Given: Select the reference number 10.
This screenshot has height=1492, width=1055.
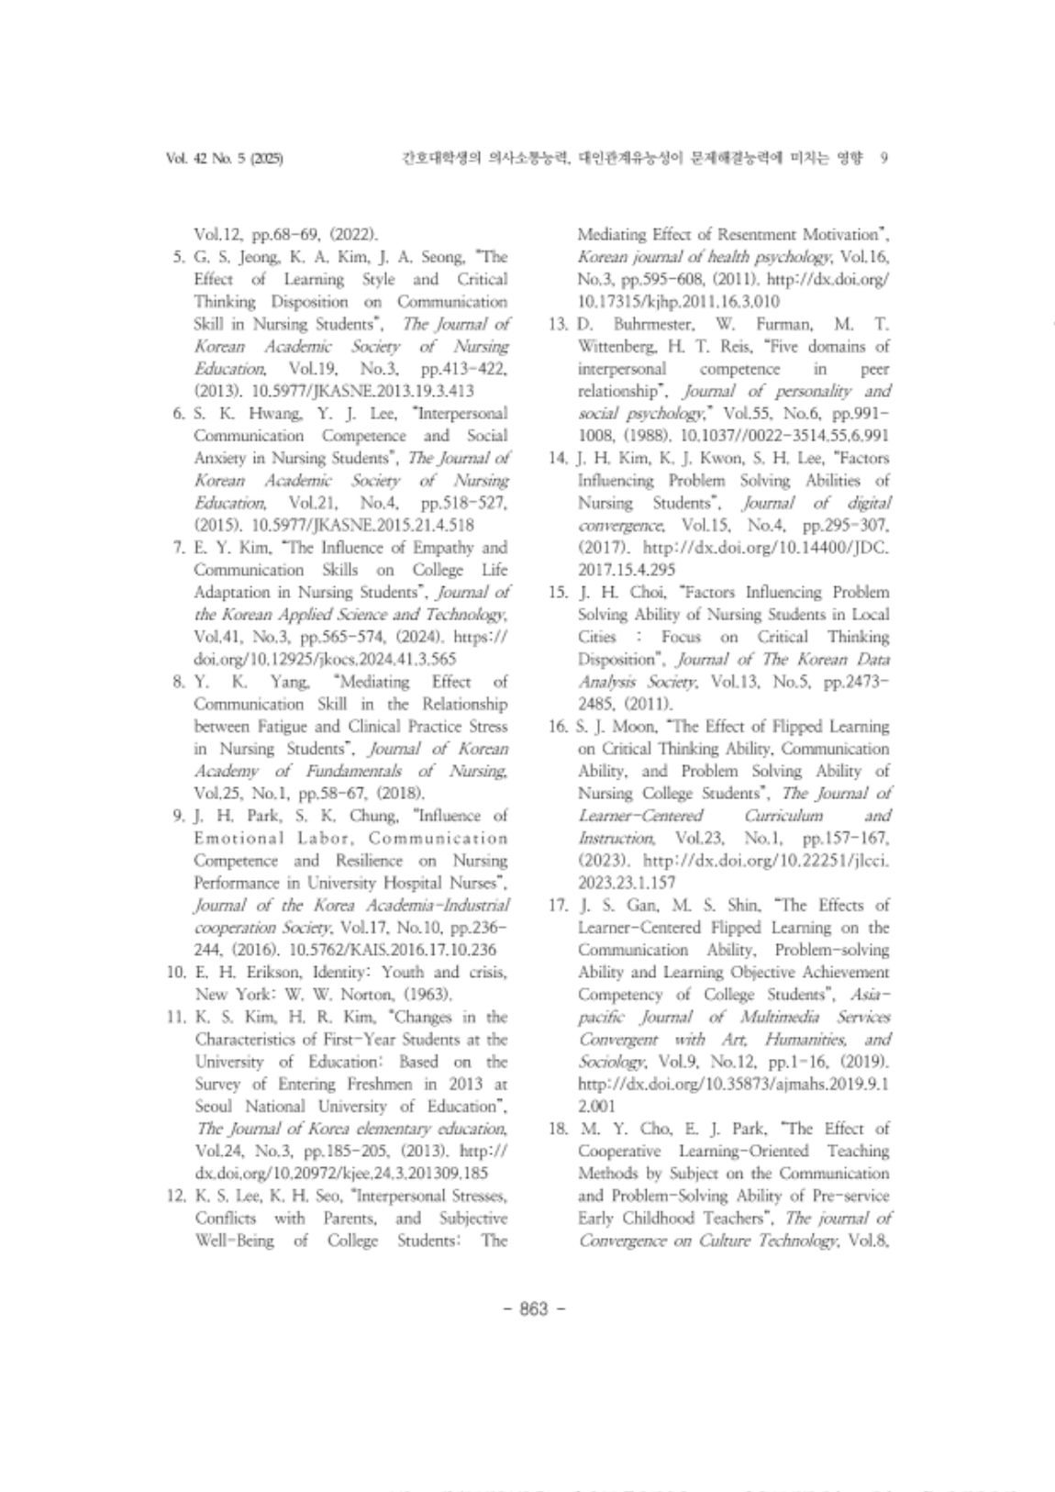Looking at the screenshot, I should click(x=178, y=973).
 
